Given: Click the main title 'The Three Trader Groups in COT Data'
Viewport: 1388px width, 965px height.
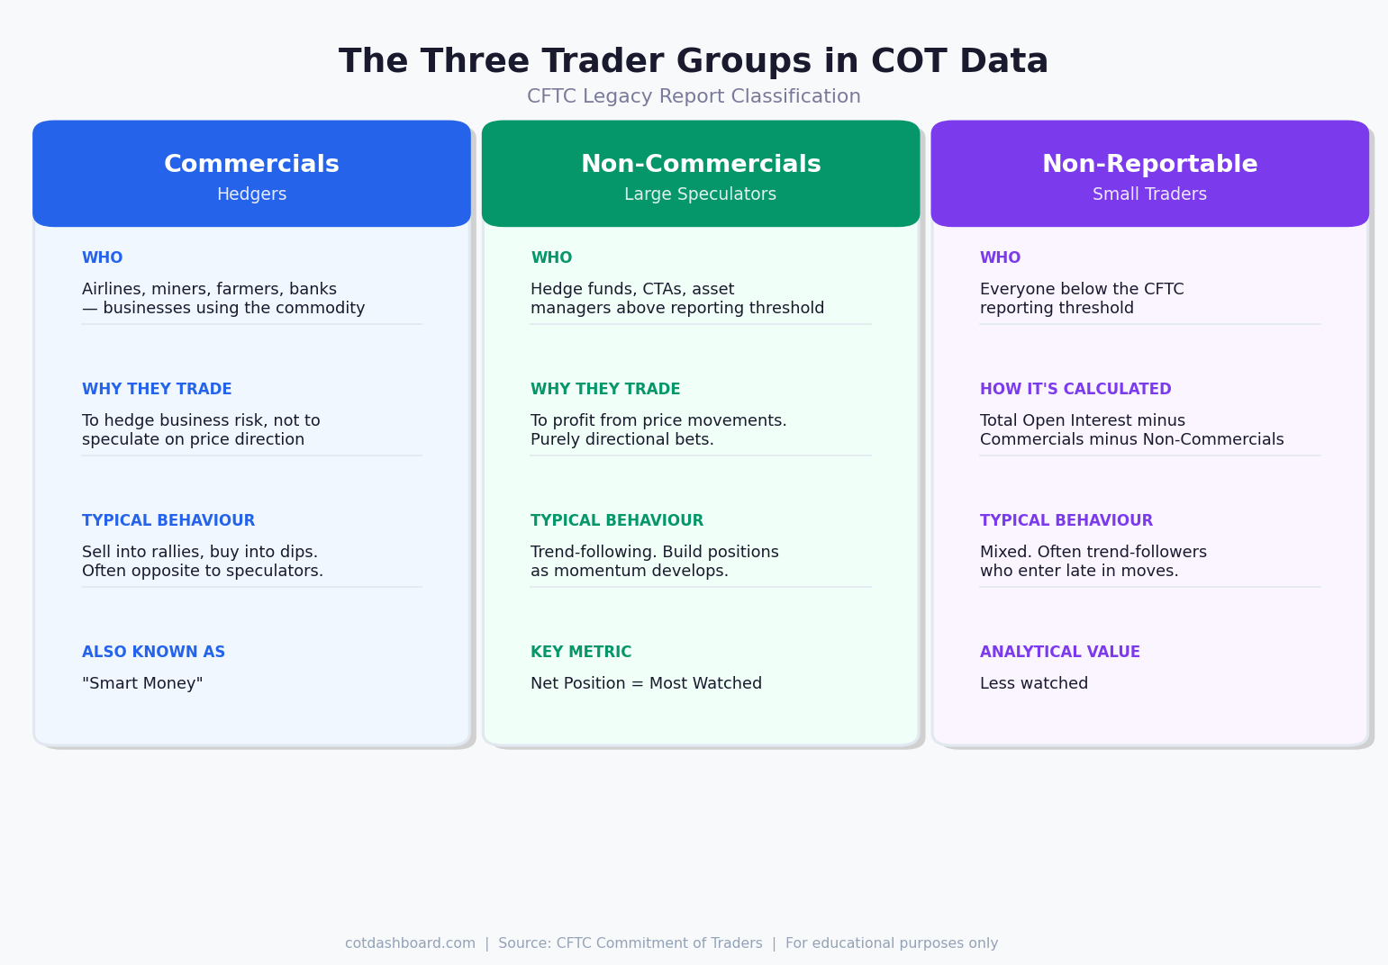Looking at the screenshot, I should (694, 62).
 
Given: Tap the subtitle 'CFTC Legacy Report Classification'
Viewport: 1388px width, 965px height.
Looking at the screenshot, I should (694, 97).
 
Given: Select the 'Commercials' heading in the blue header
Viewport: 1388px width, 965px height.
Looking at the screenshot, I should (251, 165).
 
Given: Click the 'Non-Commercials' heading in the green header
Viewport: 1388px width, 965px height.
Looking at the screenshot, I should (701, 165).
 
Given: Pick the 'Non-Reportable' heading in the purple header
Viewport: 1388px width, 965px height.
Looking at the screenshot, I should (1149, 165).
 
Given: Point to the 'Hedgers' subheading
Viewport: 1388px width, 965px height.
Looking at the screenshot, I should (251, 194).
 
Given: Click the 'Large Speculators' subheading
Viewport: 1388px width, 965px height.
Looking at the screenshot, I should (701, 194).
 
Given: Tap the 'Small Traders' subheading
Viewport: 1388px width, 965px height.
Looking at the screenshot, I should (1149, 194).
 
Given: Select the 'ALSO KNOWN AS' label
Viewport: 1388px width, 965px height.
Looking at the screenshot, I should (153, 653).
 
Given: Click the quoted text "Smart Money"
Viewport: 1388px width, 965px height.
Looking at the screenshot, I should (142, 684).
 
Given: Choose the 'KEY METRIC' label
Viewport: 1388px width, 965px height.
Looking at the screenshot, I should (581, 653).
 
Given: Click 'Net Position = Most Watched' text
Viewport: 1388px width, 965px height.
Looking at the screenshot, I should (646, 684).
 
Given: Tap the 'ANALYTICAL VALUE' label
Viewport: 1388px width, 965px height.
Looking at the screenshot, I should (1059, 653).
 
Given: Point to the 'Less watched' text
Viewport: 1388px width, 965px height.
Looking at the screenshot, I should (1033, 684).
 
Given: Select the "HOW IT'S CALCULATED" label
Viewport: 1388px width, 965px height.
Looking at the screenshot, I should (1075, 390).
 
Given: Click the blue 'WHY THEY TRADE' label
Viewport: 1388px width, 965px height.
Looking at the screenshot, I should (157, 390).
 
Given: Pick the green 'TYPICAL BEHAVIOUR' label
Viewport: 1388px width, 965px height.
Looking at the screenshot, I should (617, 521).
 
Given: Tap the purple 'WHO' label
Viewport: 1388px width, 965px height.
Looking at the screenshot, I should (1000, 258).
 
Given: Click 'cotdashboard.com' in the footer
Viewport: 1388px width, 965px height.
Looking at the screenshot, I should (410, 943).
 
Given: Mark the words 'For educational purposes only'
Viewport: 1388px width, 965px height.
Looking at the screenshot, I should (892, 943).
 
